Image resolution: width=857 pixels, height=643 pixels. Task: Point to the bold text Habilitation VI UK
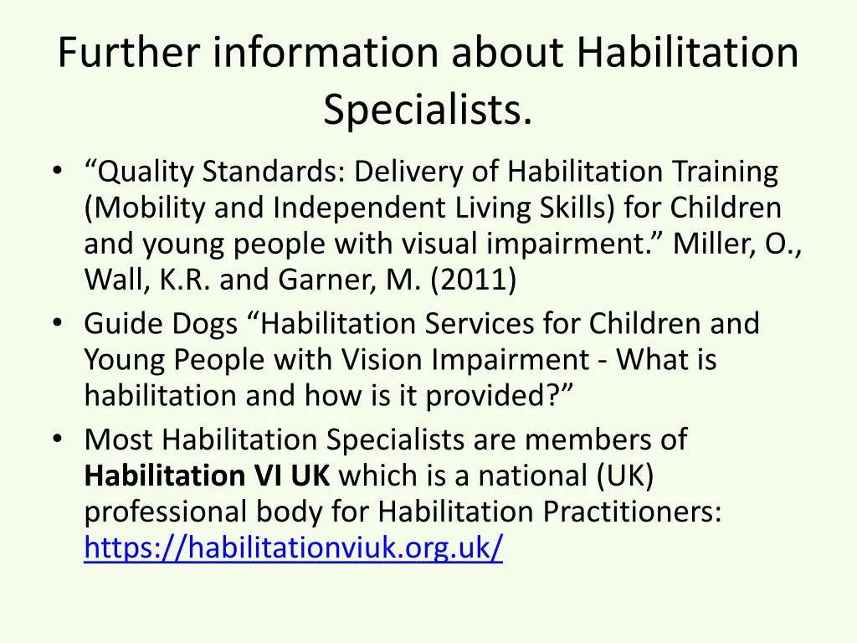click(x=208, y=476)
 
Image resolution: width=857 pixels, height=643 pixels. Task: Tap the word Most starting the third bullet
click(x=119, y=439)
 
